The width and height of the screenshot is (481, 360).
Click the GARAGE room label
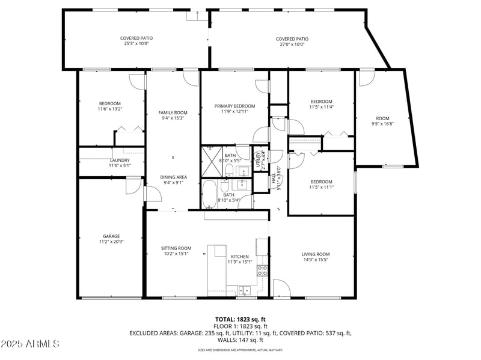(x=111, y=236)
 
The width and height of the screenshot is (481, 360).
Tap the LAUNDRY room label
(x=119, y=160)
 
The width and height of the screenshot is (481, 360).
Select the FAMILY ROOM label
(x=173, y=112)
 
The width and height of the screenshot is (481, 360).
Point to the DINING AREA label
(x=173, y=177)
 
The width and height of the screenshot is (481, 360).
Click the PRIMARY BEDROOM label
(x=234, y=106)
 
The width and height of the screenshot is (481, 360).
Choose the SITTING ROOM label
(x=176, y=248)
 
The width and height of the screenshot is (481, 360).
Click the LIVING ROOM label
(x=316, y=254)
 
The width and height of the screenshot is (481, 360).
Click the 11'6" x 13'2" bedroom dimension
(x=110, y=109)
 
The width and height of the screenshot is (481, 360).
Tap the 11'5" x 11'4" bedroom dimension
(x=321, y=107)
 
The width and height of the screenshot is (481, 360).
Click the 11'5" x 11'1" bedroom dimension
(x=321, y=188)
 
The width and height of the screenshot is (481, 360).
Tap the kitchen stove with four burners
(x=262, y=270)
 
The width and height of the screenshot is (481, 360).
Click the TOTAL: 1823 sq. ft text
(x=240, y=319)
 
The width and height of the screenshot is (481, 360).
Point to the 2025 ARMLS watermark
(x=30, y=344)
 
